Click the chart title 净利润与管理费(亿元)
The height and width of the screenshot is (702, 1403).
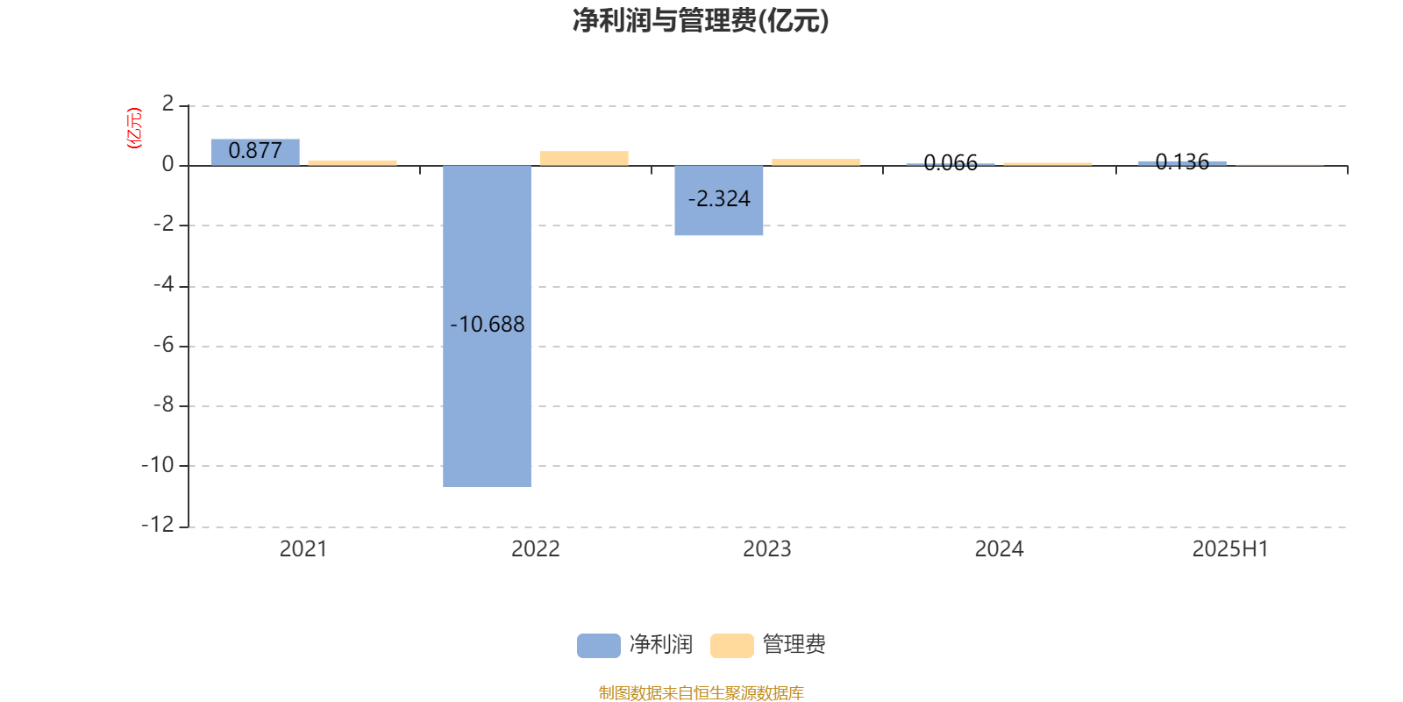[701, 21]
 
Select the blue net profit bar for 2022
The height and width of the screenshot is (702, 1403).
[488, 326]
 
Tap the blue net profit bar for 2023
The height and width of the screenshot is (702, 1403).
[719, 201]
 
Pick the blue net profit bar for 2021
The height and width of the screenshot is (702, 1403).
[255, 153]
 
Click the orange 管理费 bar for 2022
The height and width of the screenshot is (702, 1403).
[584, 158]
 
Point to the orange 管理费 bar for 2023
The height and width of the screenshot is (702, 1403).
[816, 162]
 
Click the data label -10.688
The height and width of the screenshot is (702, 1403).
[488, 324]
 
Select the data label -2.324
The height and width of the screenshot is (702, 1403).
[719, 198]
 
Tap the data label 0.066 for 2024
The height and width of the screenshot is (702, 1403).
[951, 163]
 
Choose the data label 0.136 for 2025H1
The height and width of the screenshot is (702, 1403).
[1183, 161]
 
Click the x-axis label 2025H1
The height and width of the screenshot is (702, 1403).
[1231, 549]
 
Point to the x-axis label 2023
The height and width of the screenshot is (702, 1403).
[767, 549]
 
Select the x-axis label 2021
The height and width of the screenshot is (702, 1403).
[303, 549]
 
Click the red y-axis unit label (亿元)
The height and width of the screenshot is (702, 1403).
[134, 128]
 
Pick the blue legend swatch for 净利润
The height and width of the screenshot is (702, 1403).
[599, 646]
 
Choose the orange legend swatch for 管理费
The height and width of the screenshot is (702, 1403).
[732, 646]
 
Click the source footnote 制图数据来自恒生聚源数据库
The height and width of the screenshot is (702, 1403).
[701, 692]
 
